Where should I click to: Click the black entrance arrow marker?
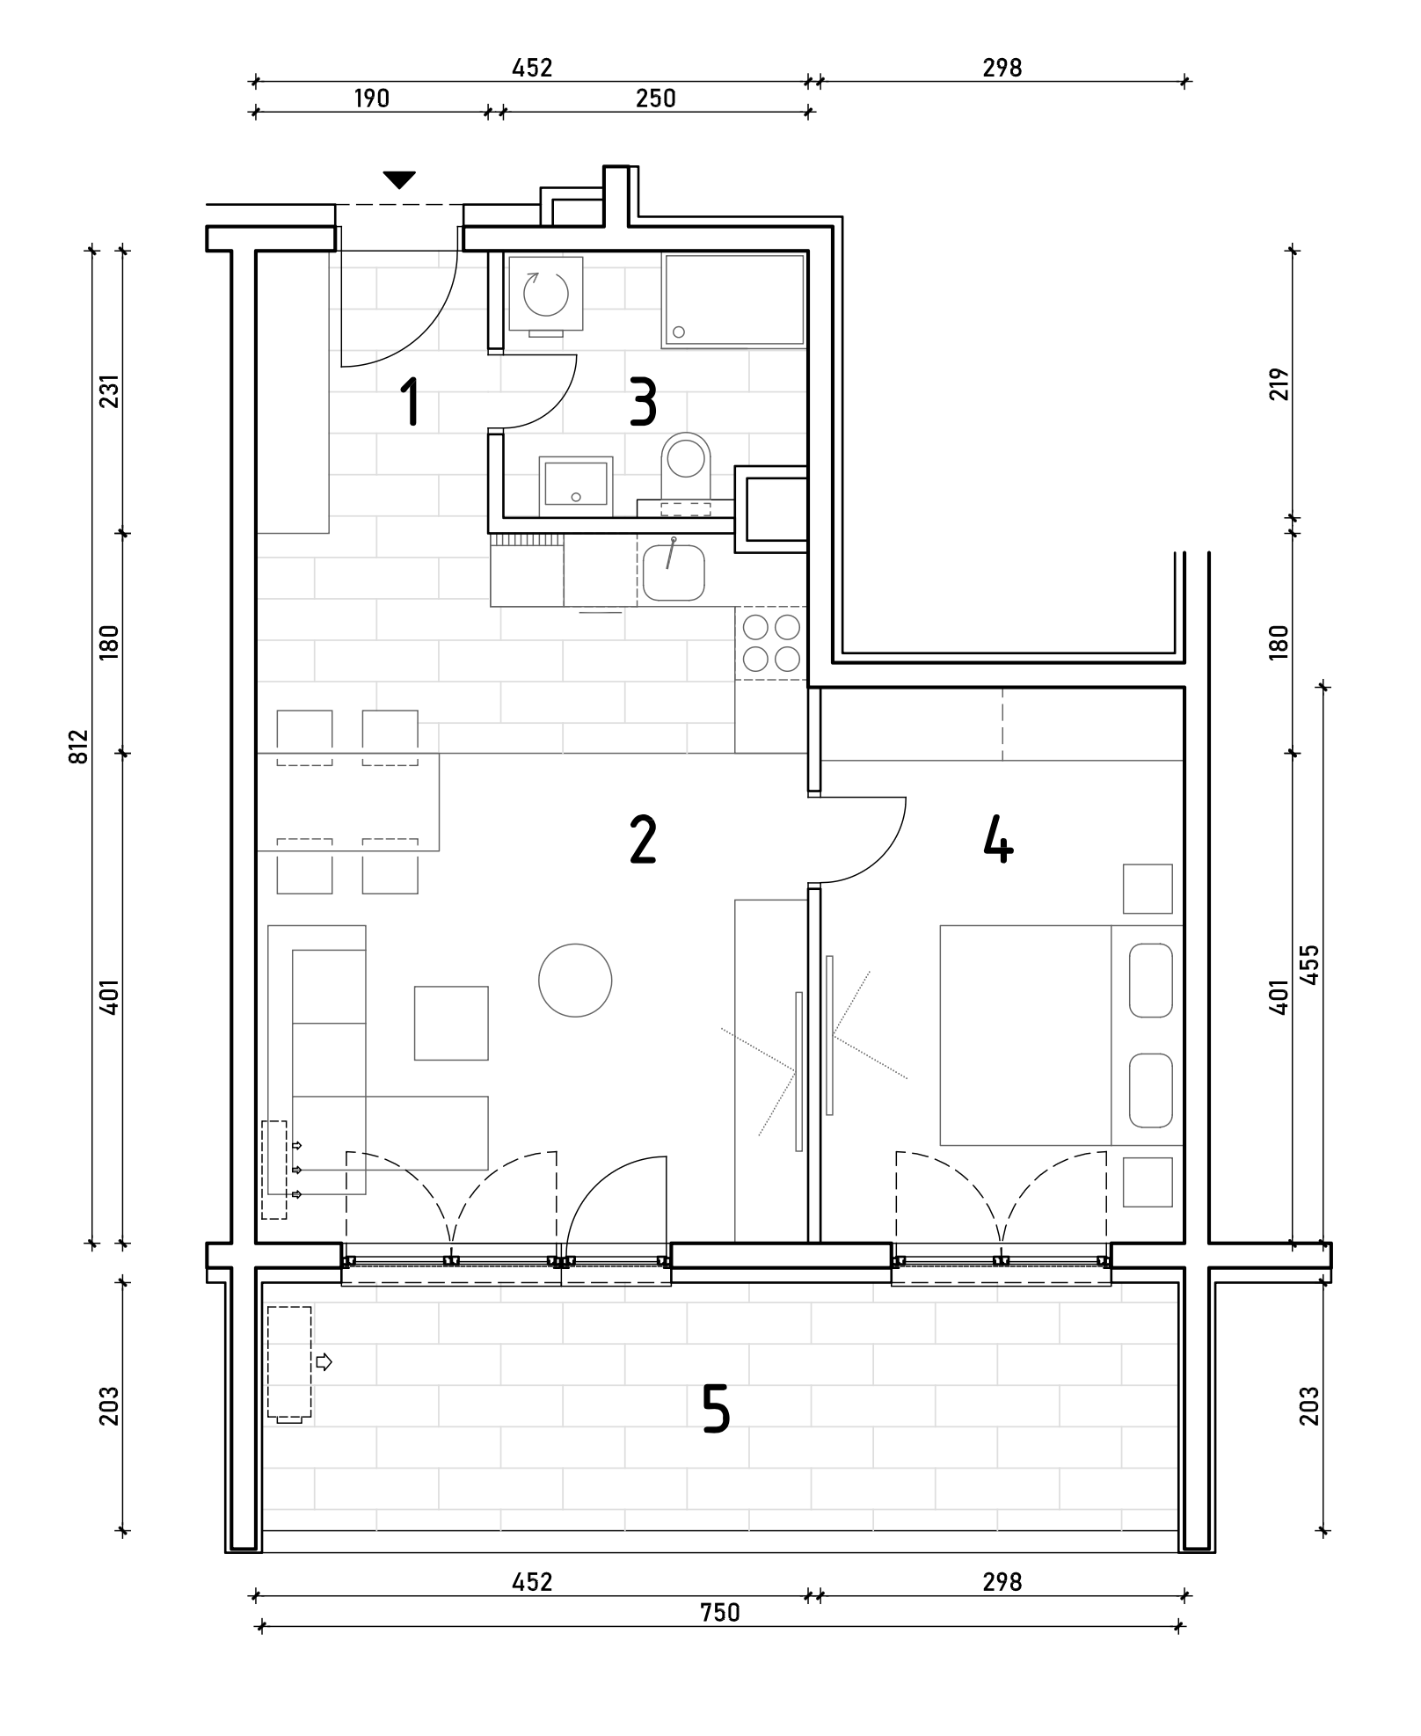399,180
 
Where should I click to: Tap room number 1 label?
410,402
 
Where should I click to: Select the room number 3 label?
644,402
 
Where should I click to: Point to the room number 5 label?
717,1408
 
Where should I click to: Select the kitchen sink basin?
674,572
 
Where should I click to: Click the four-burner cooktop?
771,643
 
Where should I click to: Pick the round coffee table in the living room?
575,980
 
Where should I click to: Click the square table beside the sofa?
451,1023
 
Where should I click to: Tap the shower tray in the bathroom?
734,299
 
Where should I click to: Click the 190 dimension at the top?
371,98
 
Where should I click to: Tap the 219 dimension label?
1279,384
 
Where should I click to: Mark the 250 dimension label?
656,98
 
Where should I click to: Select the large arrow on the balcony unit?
324,1362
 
